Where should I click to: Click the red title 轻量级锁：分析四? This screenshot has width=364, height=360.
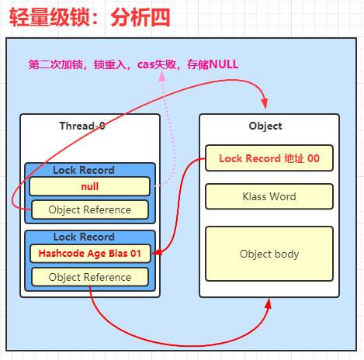click(x=90, y=18)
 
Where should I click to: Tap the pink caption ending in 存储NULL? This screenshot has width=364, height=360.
click(x=133, y=64)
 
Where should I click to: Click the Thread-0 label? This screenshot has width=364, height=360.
click(x=82, y=126)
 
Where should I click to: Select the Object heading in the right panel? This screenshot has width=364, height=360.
click(x=265, y=126)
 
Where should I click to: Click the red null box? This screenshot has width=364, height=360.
click(x=90, y=186)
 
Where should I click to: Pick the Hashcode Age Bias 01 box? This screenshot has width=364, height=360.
click(x=90, y=254)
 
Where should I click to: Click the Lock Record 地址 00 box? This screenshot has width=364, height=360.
click(x=269, y=158)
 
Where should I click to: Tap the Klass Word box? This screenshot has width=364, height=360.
click(x=269, y=196)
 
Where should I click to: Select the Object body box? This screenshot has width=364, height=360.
click(x=269, y=254)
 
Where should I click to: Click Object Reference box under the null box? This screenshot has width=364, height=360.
click(x=90, y=209)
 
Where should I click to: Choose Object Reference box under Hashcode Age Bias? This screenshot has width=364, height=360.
click(x=90, y=277)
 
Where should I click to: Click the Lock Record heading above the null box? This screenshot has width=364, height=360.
click(x=84, y=170)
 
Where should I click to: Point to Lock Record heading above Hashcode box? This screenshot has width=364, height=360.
click(x=84, y=237)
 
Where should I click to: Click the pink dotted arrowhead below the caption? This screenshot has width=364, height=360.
click(x=162, y=77)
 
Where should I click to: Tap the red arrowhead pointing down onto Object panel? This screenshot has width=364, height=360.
click(x=265, y=104)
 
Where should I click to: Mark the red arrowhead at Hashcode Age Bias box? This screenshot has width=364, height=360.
click(x=157, y=252)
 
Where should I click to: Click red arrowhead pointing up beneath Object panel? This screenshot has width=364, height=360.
click(x=269, y=303)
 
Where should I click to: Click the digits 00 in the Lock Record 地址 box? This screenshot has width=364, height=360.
click(x=314, y=158)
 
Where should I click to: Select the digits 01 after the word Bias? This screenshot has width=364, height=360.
click(x=136, y=254)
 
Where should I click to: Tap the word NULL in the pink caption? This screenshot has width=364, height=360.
click(x=224, y=64)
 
